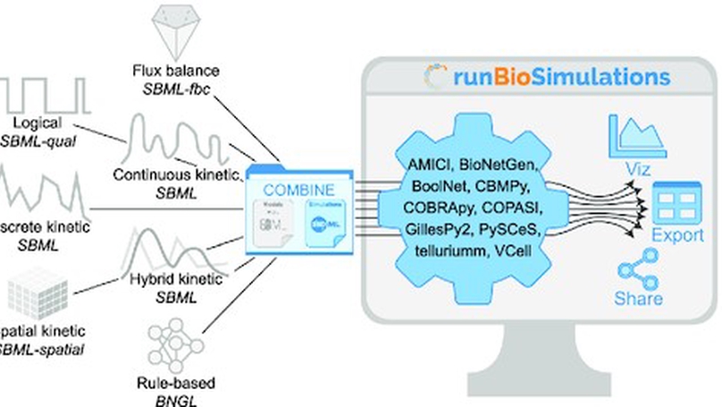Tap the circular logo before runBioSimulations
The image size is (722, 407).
coord(436,77)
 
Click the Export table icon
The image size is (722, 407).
coord(679,205)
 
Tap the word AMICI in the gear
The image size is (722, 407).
coord(419,166)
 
